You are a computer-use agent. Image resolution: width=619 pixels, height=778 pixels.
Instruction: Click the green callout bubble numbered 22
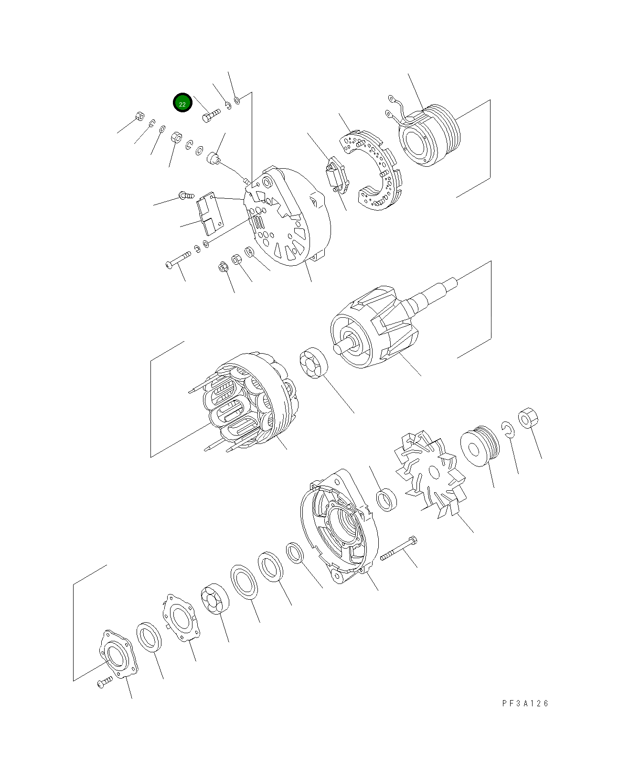click(182, 103)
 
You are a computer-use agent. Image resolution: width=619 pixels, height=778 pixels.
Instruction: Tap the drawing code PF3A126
click(525, 703)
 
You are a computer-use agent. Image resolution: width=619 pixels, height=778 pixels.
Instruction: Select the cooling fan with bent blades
click(430, 473)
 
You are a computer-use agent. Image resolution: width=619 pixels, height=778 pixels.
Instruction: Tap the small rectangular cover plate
click(211, 213)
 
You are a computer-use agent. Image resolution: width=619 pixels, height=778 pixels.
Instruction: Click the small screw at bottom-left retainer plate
click(104, 682)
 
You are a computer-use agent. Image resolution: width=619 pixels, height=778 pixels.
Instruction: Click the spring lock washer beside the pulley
click(507, 429)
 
